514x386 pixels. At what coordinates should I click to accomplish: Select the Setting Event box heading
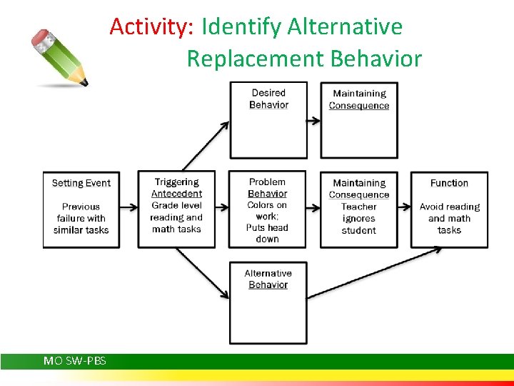tap(81, 183)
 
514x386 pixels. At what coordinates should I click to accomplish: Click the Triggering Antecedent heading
tap(176, 188)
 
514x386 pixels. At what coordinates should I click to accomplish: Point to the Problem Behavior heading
tap(267, 188)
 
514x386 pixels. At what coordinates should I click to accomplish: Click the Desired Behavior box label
tap(268, 99)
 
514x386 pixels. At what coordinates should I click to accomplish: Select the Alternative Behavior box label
tap(268, 279)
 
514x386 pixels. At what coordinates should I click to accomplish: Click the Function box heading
tap(449, 183)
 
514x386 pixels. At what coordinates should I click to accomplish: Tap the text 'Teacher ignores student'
tap(358, 218)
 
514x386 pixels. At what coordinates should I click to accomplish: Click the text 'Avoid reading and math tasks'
tap(449, 218)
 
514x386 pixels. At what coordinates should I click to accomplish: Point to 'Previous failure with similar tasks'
tap(81, 218)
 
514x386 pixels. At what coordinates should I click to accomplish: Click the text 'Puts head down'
tap(267, 233)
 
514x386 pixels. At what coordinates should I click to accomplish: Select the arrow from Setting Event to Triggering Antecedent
tap(128, 208)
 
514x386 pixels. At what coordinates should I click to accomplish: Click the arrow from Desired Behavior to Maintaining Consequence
tap(313, 120)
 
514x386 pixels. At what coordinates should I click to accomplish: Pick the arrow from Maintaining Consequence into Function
tap(404, 208)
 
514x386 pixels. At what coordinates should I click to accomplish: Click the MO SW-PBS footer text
tap(75, 361)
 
